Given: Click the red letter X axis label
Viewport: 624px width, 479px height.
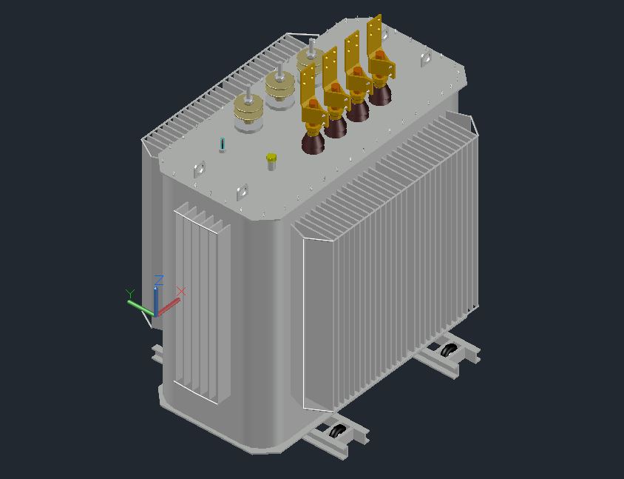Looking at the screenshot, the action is (x=181, y=291).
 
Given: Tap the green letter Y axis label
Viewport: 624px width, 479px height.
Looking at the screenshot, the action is (x=130, y=294).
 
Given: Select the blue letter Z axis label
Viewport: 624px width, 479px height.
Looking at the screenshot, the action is (x=159, y=280).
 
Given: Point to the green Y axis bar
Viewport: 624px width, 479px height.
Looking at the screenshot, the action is (x=140, y=308).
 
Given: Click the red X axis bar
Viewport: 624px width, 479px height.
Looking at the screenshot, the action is (x=169, y=307).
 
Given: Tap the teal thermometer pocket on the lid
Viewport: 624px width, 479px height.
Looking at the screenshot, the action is (x=222, y=144).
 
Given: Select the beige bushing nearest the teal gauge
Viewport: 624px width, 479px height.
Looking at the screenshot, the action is (x=248, y=113).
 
